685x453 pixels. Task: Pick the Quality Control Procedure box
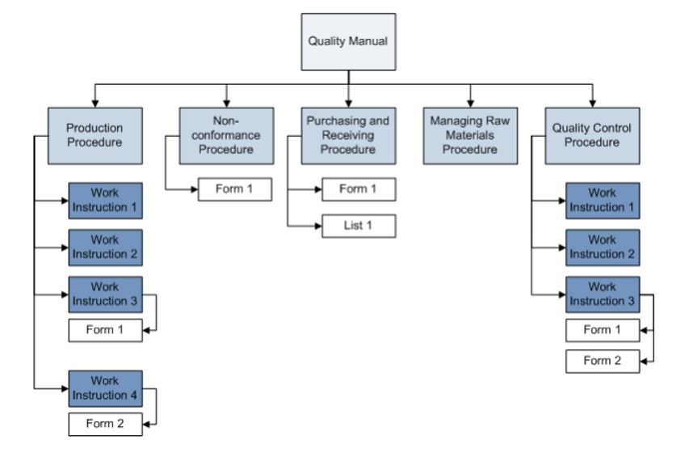pyautogui.click(x=592, y=134)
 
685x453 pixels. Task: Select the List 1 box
pyautogui.click(x=359, y=226)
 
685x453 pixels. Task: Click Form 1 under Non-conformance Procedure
pyautogui.click(x=234, y=189)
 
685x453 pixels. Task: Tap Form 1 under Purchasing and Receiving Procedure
pyautogui.click(x=359, y=189)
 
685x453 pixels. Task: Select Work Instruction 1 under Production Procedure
pyautogui.click(x=105, y=201)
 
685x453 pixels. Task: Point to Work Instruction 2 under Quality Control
pyautogui.click(x=603, y=248)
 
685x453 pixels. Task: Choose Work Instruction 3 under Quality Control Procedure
pyautogui.click(x=603, y=294)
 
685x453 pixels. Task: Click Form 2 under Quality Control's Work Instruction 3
pyautogui.click(x=603, y=361)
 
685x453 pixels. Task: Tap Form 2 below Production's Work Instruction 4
pyautogui.click(x=105, y=422)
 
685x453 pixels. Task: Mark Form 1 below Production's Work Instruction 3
pyautogui.click(x=105, y=330)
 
